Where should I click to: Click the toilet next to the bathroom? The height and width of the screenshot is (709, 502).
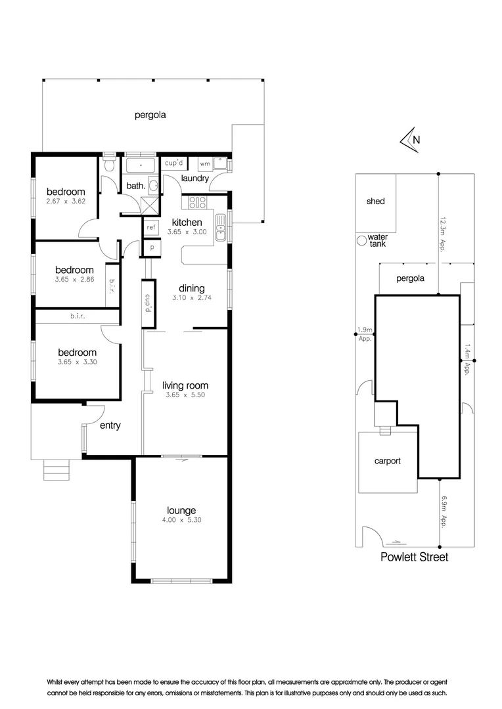coord(109,163)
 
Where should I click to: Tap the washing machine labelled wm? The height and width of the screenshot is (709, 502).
coord(205,163)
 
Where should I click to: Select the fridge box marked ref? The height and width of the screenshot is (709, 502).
coord(151,227)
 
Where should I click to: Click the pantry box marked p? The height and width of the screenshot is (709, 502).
coord(152,247)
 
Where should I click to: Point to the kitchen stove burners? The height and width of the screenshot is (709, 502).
coord(197,202)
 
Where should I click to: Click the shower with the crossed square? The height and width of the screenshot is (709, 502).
coord(150,205)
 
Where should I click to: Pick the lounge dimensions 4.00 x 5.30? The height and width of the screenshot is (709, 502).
coord(181,520)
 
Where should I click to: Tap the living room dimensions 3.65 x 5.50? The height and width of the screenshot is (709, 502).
coord(185,395)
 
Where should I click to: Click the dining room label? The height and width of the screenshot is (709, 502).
coord(191,288)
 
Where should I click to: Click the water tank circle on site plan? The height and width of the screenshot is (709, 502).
coord(361,240)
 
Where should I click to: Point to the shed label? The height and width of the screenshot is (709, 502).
coord(376,202)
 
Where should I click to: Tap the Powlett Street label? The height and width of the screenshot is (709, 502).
coord(414,557)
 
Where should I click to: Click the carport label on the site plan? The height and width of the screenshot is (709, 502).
coord(388,462)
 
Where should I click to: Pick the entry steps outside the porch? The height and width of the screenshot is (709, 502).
coord(57,470)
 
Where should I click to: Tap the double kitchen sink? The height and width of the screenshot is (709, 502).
coord(220,227)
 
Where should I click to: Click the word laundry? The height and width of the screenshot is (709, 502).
coord(194,178)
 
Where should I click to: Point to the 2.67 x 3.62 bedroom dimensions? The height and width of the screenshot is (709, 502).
coord(66,202)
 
